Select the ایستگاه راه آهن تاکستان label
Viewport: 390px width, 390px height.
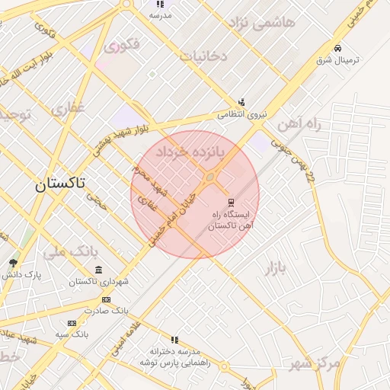pos(232,221)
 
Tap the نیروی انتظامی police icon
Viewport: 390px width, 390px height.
pos(241,102)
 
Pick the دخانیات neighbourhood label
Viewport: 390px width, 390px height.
pos(203,56)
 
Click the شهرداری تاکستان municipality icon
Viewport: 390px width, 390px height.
pos(99,270)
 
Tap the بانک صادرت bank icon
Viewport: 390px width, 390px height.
pos(106,299)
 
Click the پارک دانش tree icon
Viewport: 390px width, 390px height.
pos(13,263)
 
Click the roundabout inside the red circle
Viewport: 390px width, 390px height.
pos(209,178)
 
